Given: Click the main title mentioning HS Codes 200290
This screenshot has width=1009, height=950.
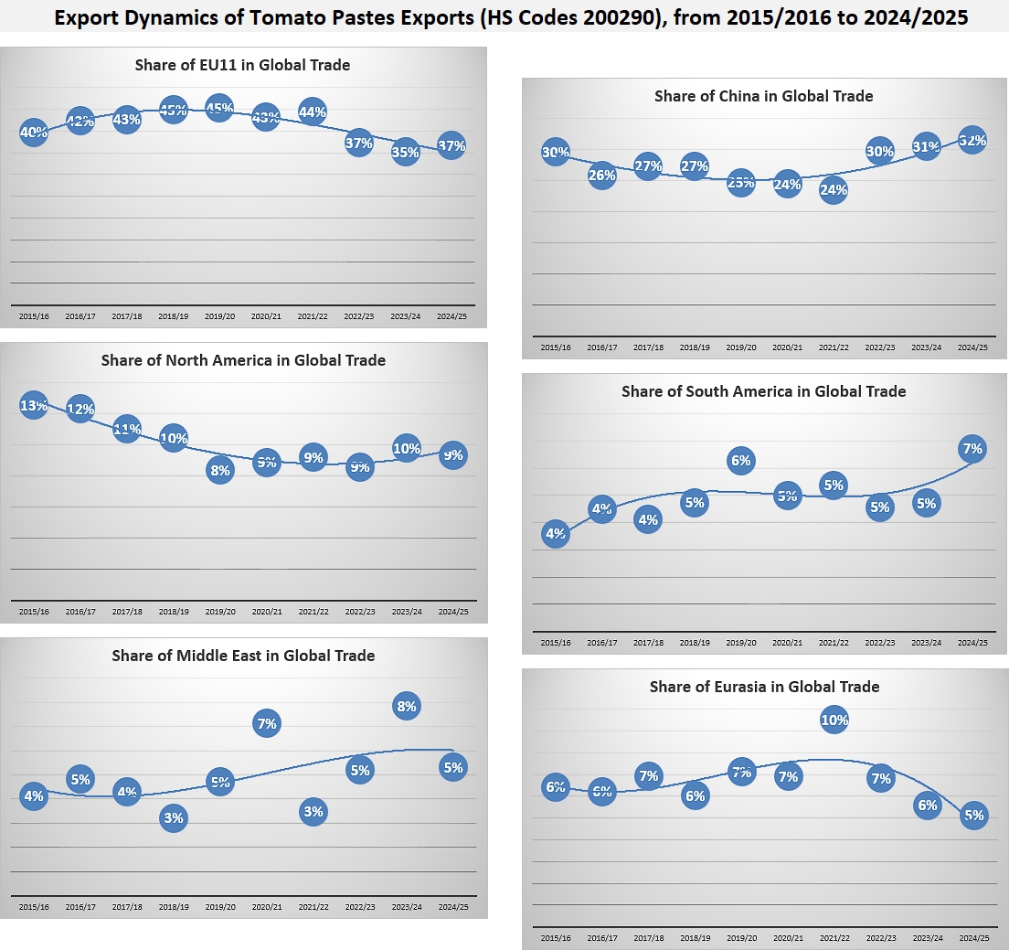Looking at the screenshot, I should point(509,17).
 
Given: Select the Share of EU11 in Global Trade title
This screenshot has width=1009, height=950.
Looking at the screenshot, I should point(242,65).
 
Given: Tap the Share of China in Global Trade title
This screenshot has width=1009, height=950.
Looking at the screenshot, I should point(763,96).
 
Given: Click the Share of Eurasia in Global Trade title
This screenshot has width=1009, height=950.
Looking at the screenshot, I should point(764,687).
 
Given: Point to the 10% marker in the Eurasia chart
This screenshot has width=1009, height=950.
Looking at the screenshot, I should point(834,721).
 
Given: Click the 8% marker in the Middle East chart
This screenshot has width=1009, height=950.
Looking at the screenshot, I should point(407,706).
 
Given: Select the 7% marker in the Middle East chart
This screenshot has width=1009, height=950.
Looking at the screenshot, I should point(267,724).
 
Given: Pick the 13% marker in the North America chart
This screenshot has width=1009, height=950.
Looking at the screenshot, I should point(34,405).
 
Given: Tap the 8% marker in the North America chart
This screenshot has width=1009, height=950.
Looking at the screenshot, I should point(220,470).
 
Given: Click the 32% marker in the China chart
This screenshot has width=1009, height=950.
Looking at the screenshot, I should point(972,141).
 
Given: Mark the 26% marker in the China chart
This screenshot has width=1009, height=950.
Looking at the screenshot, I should point(601,175).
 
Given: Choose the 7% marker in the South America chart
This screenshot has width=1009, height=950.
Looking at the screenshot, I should point(972,449).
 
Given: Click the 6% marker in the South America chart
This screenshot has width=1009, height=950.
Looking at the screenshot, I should point(740,461).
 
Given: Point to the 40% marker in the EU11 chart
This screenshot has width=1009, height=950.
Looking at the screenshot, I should point(34,133).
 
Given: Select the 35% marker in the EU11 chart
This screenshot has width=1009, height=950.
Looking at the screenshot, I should point(405,152).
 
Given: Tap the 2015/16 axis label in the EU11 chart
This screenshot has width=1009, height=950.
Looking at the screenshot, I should point(33,316).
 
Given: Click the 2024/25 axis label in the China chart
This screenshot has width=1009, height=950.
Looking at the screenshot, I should point(972,347).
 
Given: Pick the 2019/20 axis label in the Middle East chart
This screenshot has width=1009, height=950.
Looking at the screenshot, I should point(219,907).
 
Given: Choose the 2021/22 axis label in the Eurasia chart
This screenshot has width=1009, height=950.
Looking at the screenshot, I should point(834,938).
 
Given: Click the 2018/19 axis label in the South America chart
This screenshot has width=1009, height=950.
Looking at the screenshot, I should point(695,644).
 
